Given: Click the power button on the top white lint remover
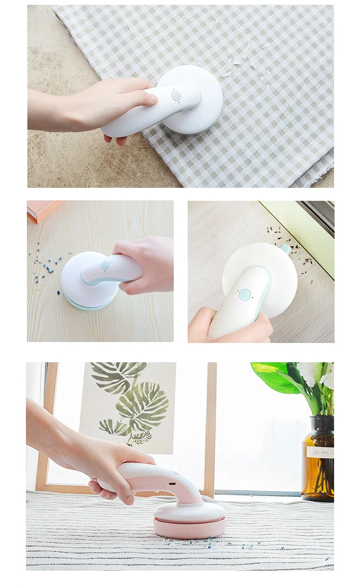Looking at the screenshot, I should coord(176,95).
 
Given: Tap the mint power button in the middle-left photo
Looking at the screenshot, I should coord(105,266).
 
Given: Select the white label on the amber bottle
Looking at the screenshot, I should coord(320,452).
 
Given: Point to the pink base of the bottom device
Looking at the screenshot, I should coord(189,527).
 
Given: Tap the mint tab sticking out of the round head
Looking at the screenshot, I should coord(285,248).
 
